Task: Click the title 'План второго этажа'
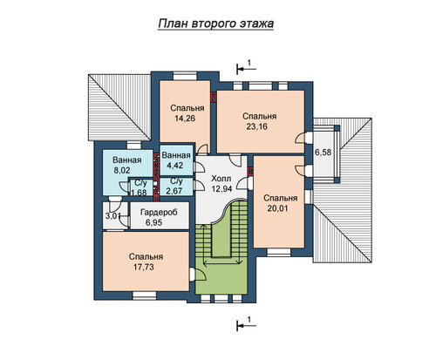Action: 216,24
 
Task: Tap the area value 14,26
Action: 185,119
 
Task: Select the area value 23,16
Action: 257,126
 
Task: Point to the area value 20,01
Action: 278,208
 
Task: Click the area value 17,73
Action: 144,267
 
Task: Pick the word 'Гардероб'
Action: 159,213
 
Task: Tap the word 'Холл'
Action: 221,179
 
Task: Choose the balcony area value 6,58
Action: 324,152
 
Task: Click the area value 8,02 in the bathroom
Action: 122,170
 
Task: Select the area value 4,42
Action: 174,166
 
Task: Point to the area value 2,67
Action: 174,191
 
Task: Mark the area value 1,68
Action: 139,193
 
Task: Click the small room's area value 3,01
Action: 111,216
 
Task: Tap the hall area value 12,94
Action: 221,189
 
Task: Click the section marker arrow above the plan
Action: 246,69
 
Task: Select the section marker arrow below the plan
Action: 246,326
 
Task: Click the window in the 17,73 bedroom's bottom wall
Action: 144,295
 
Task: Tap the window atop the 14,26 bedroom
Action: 185,76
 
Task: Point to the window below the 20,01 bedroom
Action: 279,252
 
